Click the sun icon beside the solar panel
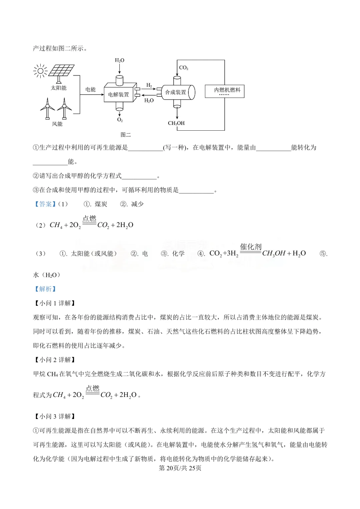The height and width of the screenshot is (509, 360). pos(40,71)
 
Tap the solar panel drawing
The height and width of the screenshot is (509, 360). pos(61,71)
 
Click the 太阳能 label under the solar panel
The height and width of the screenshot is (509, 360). pos(59,88)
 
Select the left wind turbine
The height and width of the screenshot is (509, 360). pos(48,108)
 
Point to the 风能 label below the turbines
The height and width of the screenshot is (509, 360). pos(57,124)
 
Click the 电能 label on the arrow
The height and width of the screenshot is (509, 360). pos(90,89)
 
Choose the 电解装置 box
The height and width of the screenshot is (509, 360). pos(119,94)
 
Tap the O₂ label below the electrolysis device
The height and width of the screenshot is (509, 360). pos(120,120)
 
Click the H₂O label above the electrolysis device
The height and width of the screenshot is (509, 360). pos(119,60)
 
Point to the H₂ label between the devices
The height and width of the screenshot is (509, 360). pos(149,85)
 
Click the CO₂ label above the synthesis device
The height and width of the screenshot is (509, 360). pos(184,68)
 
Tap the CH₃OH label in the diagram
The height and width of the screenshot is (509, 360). pos(176,123)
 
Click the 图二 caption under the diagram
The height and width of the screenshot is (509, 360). pos(126,135)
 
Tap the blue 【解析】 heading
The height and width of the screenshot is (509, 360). pos(45,289)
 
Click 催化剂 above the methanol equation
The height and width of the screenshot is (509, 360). pos(251,247)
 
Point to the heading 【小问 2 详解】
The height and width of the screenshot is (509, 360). pos(55,360)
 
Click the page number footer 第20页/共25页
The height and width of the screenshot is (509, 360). pos(180,468)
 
